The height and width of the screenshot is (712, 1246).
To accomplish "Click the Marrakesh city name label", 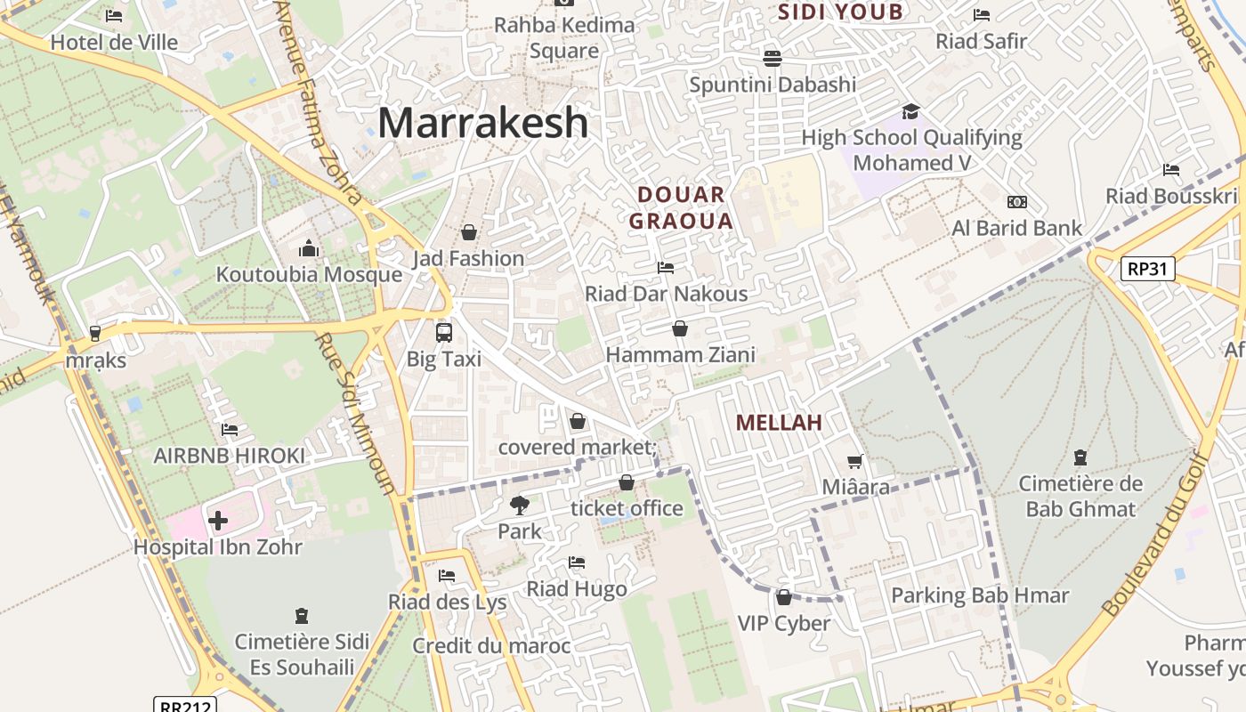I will pos(483,123).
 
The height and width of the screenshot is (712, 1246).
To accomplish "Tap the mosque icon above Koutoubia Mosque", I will pos(309,247).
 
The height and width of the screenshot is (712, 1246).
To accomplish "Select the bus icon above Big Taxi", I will pos(443,333).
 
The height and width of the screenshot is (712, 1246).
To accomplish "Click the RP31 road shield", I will pos(1147,269).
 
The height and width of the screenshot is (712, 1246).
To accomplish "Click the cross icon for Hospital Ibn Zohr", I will pos(218,521).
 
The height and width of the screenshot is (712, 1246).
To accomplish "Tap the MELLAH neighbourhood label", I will pos(779,423).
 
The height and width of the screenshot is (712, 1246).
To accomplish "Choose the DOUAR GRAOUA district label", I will pos(681,207).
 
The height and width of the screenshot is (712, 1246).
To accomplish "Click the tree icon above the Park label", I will pos(519,506).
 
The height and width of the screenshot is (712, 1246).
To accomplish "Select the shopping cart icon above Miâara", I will pos(855,461).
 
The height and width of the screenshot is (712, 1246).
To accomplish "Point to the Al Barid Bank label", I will pos(1017,229).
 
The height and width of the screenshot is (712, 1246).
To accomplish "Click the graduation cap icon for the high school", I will pos(910,111).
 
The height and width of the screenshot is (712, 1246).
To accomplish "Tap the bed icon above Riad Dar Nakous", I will pos(665,267).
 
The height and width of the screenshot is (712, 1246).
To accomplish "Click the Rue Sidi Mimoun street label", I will pos(355,414).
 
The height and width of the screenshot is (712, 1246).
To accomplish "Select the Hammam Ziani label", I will pos(680,355).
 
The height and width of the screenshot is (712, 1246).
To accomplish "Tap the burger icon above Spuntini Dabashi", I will pos(772,59).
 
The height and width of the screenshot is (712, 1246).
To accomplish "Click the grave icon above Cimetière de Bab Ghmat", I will pos(1080,457).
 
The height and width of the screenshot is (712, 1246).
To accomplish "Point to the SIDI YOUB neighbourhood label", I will pos(840,12).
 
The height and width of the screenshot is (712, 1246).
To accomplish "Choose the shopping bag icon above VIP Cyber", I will pos(784,597).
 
